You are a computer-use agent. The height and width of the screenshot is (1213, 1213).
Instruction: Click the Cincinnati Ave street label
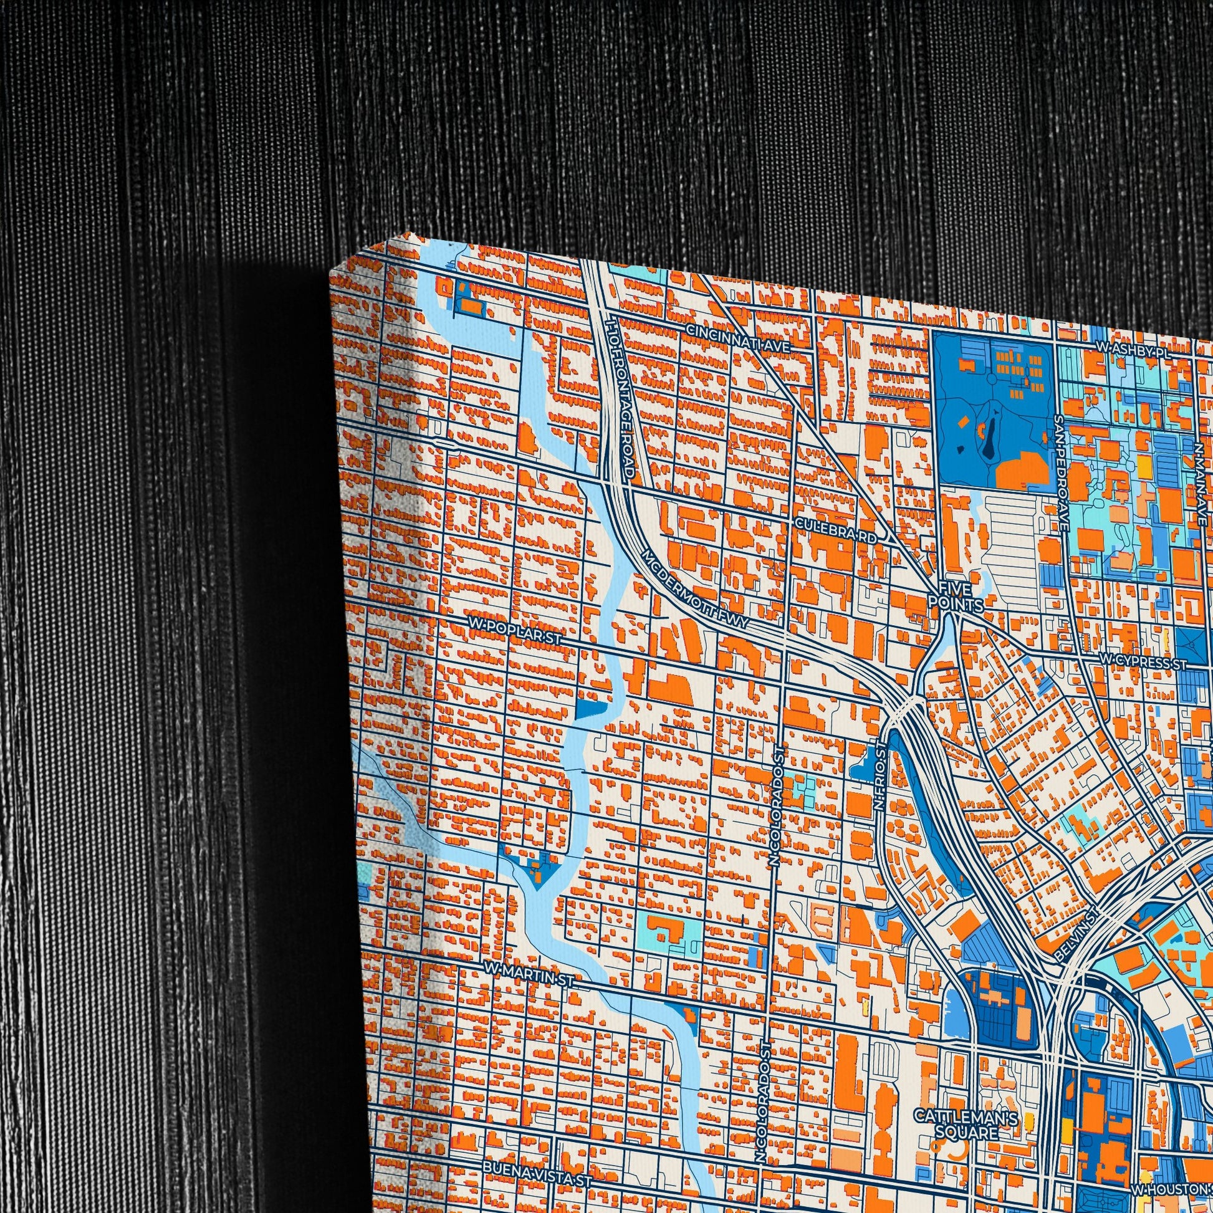[737, 338]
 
